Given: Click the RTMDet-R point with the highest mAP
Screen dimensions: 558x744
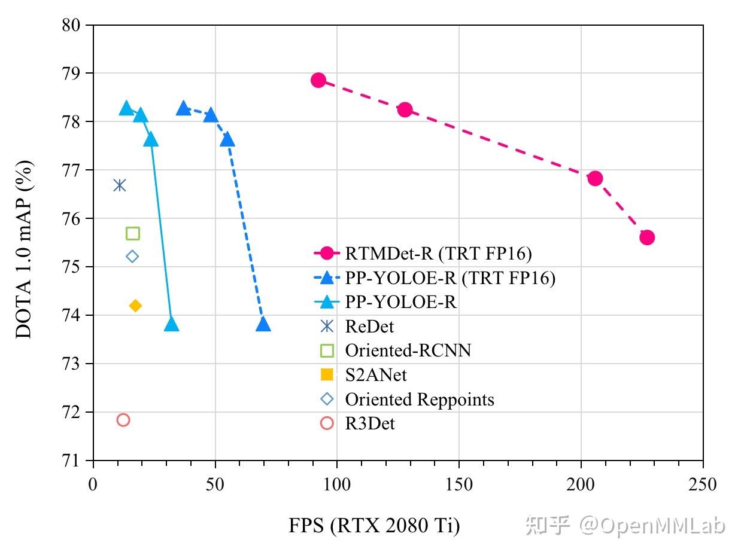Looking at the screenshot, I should [x=318, y=80].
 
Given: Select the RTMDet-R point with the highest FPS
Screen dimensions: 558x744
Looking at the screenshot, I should [x=646, y=237].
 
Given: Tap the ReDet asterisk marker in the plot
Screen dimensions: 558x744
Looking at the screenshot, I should [x=120, y=185].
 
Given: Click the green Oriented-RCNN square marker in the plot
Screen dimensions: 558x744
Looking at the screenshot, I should [x=133, y=233].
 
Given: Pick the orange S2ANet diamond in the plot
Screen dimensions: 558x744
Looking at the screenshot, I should [x=135, y=306].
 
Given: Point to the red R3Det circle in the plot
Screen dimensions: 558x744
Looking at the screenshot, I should [x=123, y=420].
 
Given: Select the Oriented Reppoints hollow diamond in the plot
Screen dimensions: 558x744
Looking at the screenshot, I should [x=132, y=257].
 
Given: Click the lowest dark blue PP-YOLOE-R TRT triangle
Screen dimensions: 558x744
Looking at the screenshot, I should [x=263, y=324].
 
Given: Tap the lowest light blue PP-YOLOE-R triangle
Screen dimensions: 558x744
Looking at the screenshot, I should [x=171, y=324].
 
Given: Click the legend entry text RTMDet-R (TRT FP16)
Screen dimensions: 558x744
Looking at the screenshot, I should [x=438, y=254].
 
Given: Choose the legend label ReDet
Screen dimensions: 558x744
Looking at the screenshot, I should [x=369, y=326].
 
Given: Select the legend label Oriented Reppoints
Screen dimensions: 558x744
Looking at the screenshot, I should [x=420, y=399].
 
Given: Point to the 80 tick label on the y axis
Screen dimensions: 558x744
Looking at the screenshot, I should [x=72, y=25].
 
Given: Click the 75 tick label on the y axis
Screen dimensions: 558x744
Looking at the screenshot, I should [x=72, y=267].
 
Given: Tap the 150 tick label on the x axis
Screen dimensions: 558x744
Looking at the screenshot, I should [x=458, y=484].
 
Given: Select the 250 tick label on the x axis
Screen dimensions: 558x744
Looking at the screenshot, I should [x=702, y=484].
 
